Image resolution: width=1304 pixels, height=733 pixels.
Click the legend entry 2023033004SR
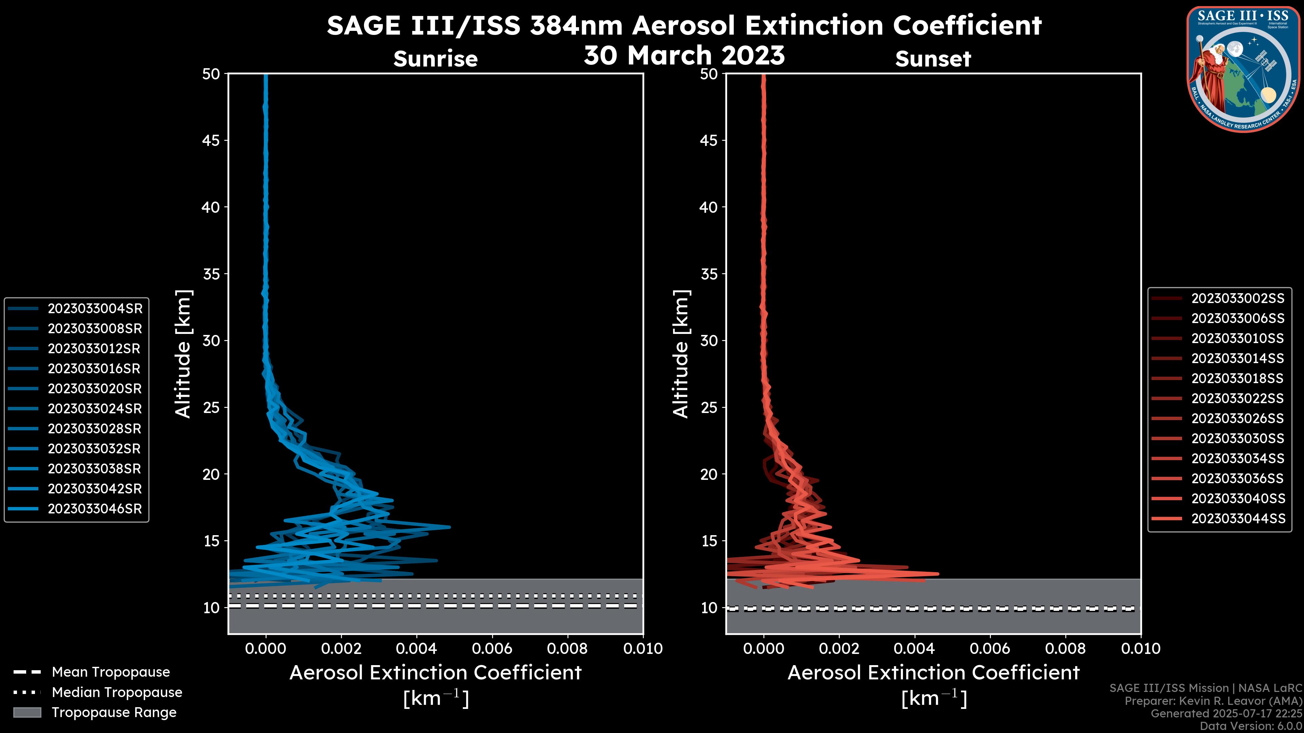(x=95, y=308)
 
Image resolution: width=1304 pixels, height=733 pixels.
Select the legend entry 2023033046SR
(x=95, y=509)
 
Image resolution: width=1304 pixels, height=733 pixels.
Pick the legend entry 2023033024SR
(x=95, y=409)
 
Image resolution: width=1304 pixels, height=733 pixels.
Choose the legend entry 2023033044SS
(x=1238, y=519)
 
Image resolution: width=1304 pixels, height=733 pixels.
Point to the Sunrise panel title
(x=435, y=59)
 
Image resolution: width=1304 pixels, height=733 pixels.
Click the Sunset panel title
(x=933, y=59)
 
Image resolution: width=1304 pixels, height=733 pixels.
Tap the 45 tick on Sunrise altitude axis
(x=211, y=140)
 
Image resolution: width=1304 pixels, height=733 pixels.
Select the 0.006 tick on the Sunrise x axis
(x=492, y=649)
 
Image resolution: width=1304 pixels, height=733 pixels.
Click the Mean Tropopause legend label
(x=111, y=672)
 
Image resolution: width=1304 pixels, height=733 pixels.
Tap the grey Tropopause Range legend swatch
(x=27, y=713)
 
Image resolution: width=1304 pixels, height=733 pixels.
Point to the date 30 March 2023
(x=684, y=55)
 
